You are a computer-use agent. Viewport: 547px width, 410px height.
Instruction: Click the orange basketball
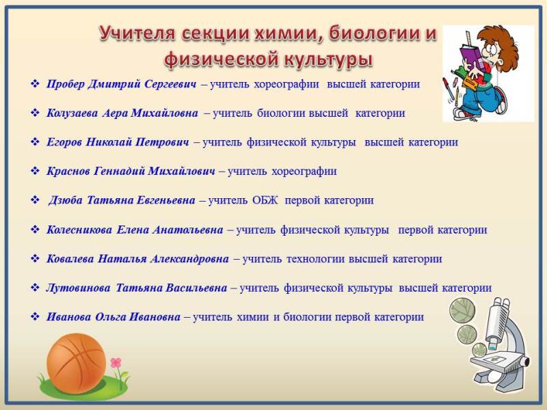tap(77, 363)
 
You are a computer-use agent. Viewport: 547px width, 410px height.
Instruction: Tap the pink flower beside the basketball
tap(116, 363)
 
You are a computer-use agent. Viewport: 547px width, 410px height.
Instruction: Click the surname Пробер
tap(66, 84)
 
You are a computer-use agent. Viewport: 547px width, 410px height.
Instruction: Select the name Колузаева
tap(72, 113)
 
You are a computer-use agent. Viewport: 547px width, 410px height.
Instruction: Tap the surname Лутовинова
tap(78, 288)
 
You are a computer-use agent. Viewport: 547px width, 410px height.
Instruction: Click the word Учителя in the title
tap(137, 34)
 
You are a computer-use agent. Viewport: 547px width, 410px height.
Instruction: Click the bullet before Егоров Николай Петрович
tap(35, 142)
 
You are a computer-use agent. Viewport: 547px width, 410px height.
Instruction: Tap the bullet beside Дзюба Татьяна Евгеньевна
tap(35, 200)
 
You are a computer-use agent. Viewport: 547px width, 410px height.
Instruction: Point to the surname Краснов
tap(68, 172)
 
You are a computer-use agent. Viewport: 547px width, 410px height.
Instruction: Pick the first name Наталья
tap(122, 259)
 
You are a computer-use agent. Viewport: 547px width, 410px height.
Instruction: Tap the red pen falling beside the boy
tap(446, 86)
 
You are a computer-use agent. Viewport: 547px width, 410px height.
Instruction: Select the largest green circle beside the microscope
tap(462, 310)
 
